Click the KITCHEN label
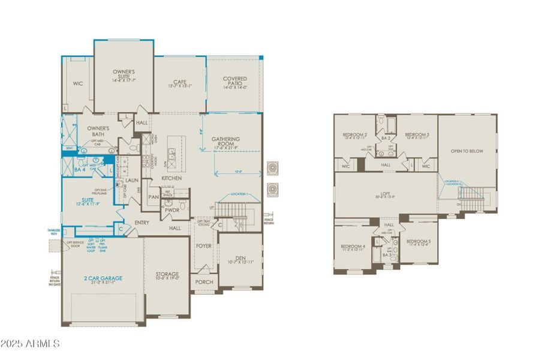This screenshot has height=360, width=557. pyautogui.click(x=171, y=178)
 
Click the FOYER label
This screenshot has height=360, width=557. pyautogui.click(x=204, y=246)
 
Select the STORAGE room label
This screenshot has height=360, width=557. pyautogui.click(x=168, y=274)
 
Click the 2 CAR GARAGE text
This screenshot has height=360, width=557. pyautogui.click(x=103, y=278)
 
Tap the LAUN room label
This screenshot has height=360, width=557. pyautogui.click(x=132, y=179)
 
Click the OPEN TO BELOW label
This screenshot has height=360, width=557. pyautogui.click(x=467, y=151)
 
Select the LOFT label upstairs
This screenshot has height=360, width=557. pyautogui.click(x=385, y=193)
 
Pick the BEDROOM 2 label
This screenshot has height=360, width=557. pyautogui.click(x=354, y=134)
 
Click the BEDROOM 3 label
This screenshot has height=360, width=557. pyautogui.click(x=417, y=134)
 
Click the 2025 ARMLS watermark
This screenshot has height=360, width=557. pyautogui.click(x=30, y=344)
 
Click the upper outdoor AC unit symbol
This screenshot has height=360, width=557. pyautogui.click(x=273, y=166)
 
